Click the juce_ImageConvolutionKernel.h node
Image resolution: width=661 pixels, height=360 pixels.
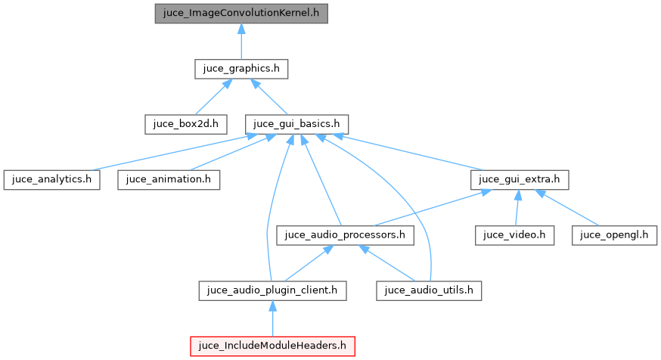click(x=241, y=14)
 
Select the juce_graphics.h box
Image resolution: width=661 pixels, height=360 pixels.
click(x=241, y=69)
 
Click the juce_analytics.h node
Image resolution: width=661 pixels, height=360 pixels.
click(x=51, y=180)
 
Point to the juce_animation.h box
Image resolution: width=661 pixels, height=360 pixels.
click(x=169, y=180)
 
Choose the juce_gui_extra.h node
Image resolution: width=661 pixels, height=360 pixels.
click(x=519, y=180)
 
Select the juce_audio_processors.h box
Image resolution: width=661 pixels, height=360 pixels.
click(x=346, y=235)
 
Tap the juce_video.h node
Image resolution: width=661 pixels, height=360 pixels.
click(x=515, y=235)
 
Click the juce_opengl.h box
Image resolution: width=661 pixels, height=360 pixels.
click(x=613, y=235)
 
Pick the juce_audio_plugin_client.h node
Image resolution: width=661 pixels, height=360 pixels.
click(x=273, y=290)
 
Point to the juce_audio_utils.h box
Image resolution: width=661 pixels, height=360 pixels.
click(x=430, y=290)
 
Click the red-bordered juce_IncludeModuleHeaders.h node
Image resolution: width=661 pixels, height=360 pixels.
click(x=273, y=346)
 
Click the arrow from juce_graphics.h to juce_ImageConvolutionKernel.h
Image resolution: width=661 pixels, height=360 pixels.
click(x=241, y=42)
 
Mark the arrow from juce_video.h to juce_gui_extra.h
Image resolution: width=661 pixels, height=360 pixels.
click(x=517, y=208)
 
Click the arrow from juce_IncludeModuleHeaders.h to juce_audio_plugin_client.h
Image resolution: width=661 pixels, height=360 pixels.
click(x=273, y=318)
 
